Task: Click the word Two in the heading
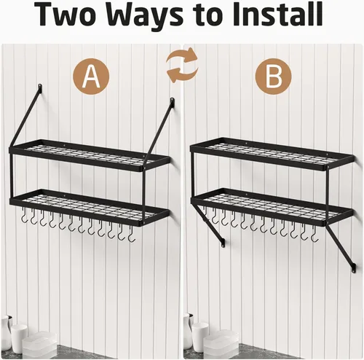point(66,15)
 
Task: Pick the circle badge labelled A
point(91,77)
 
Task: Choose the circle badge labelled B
point(274,77)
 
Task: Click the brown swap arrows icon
point(182,66)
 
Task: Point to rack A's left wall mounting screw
point(40,87)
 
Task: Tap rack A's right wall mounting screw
point(173,100)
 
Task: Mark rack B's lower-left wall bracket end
point(223,243)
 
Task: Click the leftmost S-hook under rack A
point(23,216)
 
